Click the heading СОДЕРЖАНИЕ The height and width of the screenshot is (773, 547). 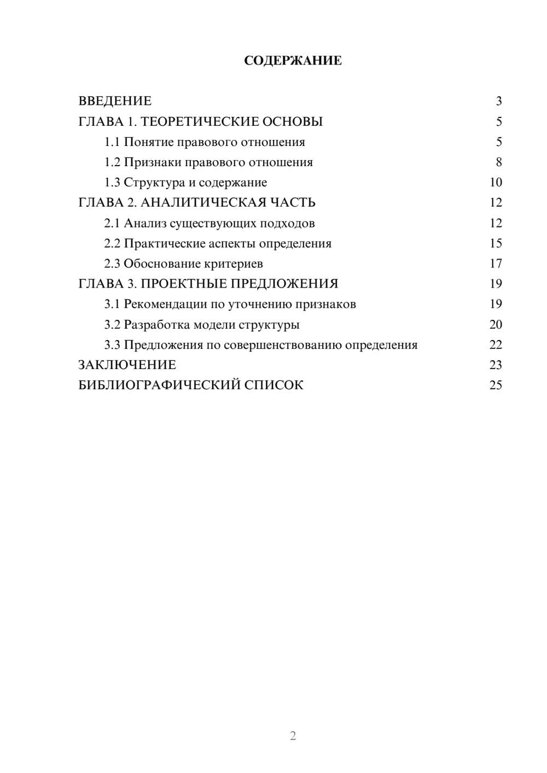[x=293, y=61]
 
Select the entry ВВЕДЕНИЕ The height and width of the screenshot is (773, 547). [x=115, y=101]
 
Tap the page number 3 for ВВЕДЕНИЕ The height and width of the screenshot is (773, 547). [x=498, y=101]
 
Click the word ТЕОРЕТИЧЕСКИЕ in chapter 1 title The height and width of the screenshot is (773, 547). [x=200, y=121]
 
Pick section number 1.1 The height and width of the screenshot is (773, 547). [x=112, y=142]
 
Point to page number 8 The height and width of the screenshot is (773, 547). [x=498, y=162]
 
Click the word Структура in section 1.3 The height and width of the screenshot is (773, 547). [x=154, y=183]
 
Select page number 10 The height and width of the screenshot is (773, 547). [x=496, y=183]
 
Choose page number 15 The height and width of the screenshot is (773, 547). [x=496, y=243]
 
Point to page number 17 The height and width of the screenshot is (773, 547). [x=496, y=263]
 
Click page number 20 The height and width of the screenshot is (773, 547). [x=496, y=325]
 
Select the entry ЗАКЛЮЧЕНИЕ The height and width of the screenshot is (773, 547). [x=127, y=365]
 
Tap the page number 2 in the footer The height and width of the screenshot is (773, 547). [x=293, y=736]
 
